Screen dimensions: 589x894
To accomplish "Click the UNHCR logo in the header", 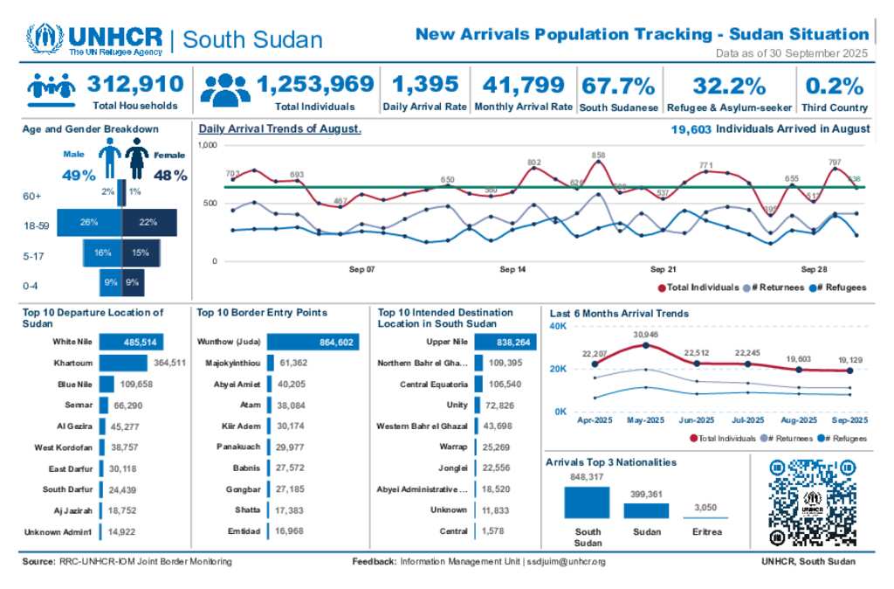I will coord(94,39).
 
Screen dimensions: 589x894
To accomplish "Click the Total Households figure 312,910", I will coord(135,85).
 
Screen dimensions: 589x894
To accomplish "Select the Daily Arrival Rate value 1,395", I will coord(425,85).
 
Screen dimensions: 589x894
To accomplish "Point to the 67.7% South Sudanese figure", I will coord(618,86).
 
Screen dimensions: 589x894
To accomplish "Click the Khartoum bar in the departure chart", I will coord(123,363).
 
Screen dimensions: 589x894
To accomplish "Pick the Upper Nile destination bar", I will coord(506,343).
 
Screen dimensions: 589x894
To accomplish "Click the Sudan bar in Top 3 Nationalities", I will coord(646,510).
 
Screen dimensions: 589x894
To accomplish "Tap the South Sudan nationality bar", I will coord(587,502).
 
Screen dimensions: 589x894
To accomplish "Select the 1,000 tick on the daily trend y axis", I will coord(208,145).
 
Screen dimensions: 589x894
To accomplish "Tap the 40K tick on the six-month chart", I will coord(559,326).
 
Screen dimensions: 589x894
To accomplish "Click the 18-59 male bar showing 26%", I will coord(87,222).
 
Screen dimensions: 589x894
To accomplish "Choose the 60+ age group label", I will coord(31,197).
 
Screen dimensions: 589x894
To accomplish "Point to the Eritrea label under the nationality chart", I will coord(706,531).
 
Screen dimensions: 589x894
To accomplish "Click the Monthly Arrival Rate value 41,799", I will coord(523,85).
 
